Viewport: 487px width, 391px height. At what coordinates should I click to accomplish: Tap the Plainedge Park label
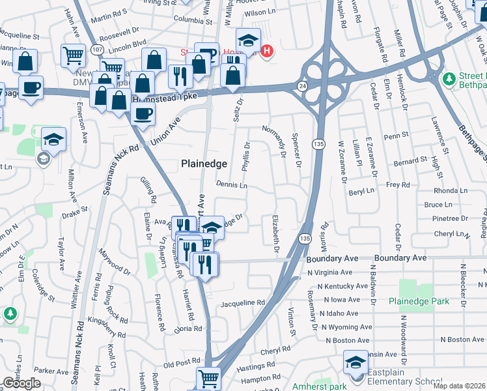(x=420, y=301)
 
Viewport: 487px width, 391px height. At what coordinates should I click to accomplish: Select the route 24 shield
(x=303, y=85)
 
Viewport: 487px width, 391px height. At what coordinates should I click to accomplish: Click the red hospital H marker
(x=266, y=51)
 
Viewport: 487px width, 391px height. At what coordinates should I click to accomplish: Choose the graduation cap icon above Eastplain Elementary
(x=355, y=362)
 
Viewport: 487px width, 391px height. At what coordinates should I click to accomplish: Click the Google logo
(x=21, y=383)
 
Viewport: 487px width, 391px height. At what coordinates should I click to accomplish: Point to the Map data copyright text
(x=460, y=386)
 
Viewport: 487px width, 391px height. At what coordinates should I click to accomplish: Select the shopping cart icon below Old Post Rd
(x=208, y=378)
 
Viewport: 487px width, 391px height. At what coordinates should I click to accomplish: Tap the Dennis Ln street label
(x=232, y=185)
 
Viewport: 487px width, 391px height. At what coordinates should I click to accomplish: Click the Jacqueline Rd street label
(x=243, y=303)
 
